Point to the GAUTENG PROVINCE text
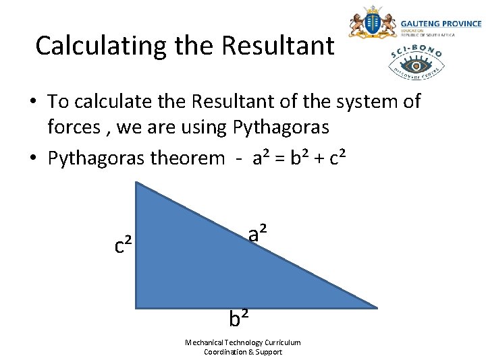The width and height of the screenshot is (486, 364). tap(441, 24)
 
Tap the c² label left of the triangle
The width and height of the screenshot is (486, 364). tap(123, 245)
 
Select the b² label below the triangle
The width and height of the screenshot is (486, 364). tap(239, 316)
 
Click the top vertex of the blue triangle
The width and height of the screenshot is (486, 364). tap(137, 183)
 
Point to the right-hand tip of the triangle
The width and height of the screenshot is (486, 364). tap(375, 307)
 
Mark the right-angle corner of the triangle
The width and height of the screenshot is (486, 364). tap(137, 307)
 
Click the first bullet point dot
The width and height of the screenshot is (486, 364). tap(32, 102)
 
